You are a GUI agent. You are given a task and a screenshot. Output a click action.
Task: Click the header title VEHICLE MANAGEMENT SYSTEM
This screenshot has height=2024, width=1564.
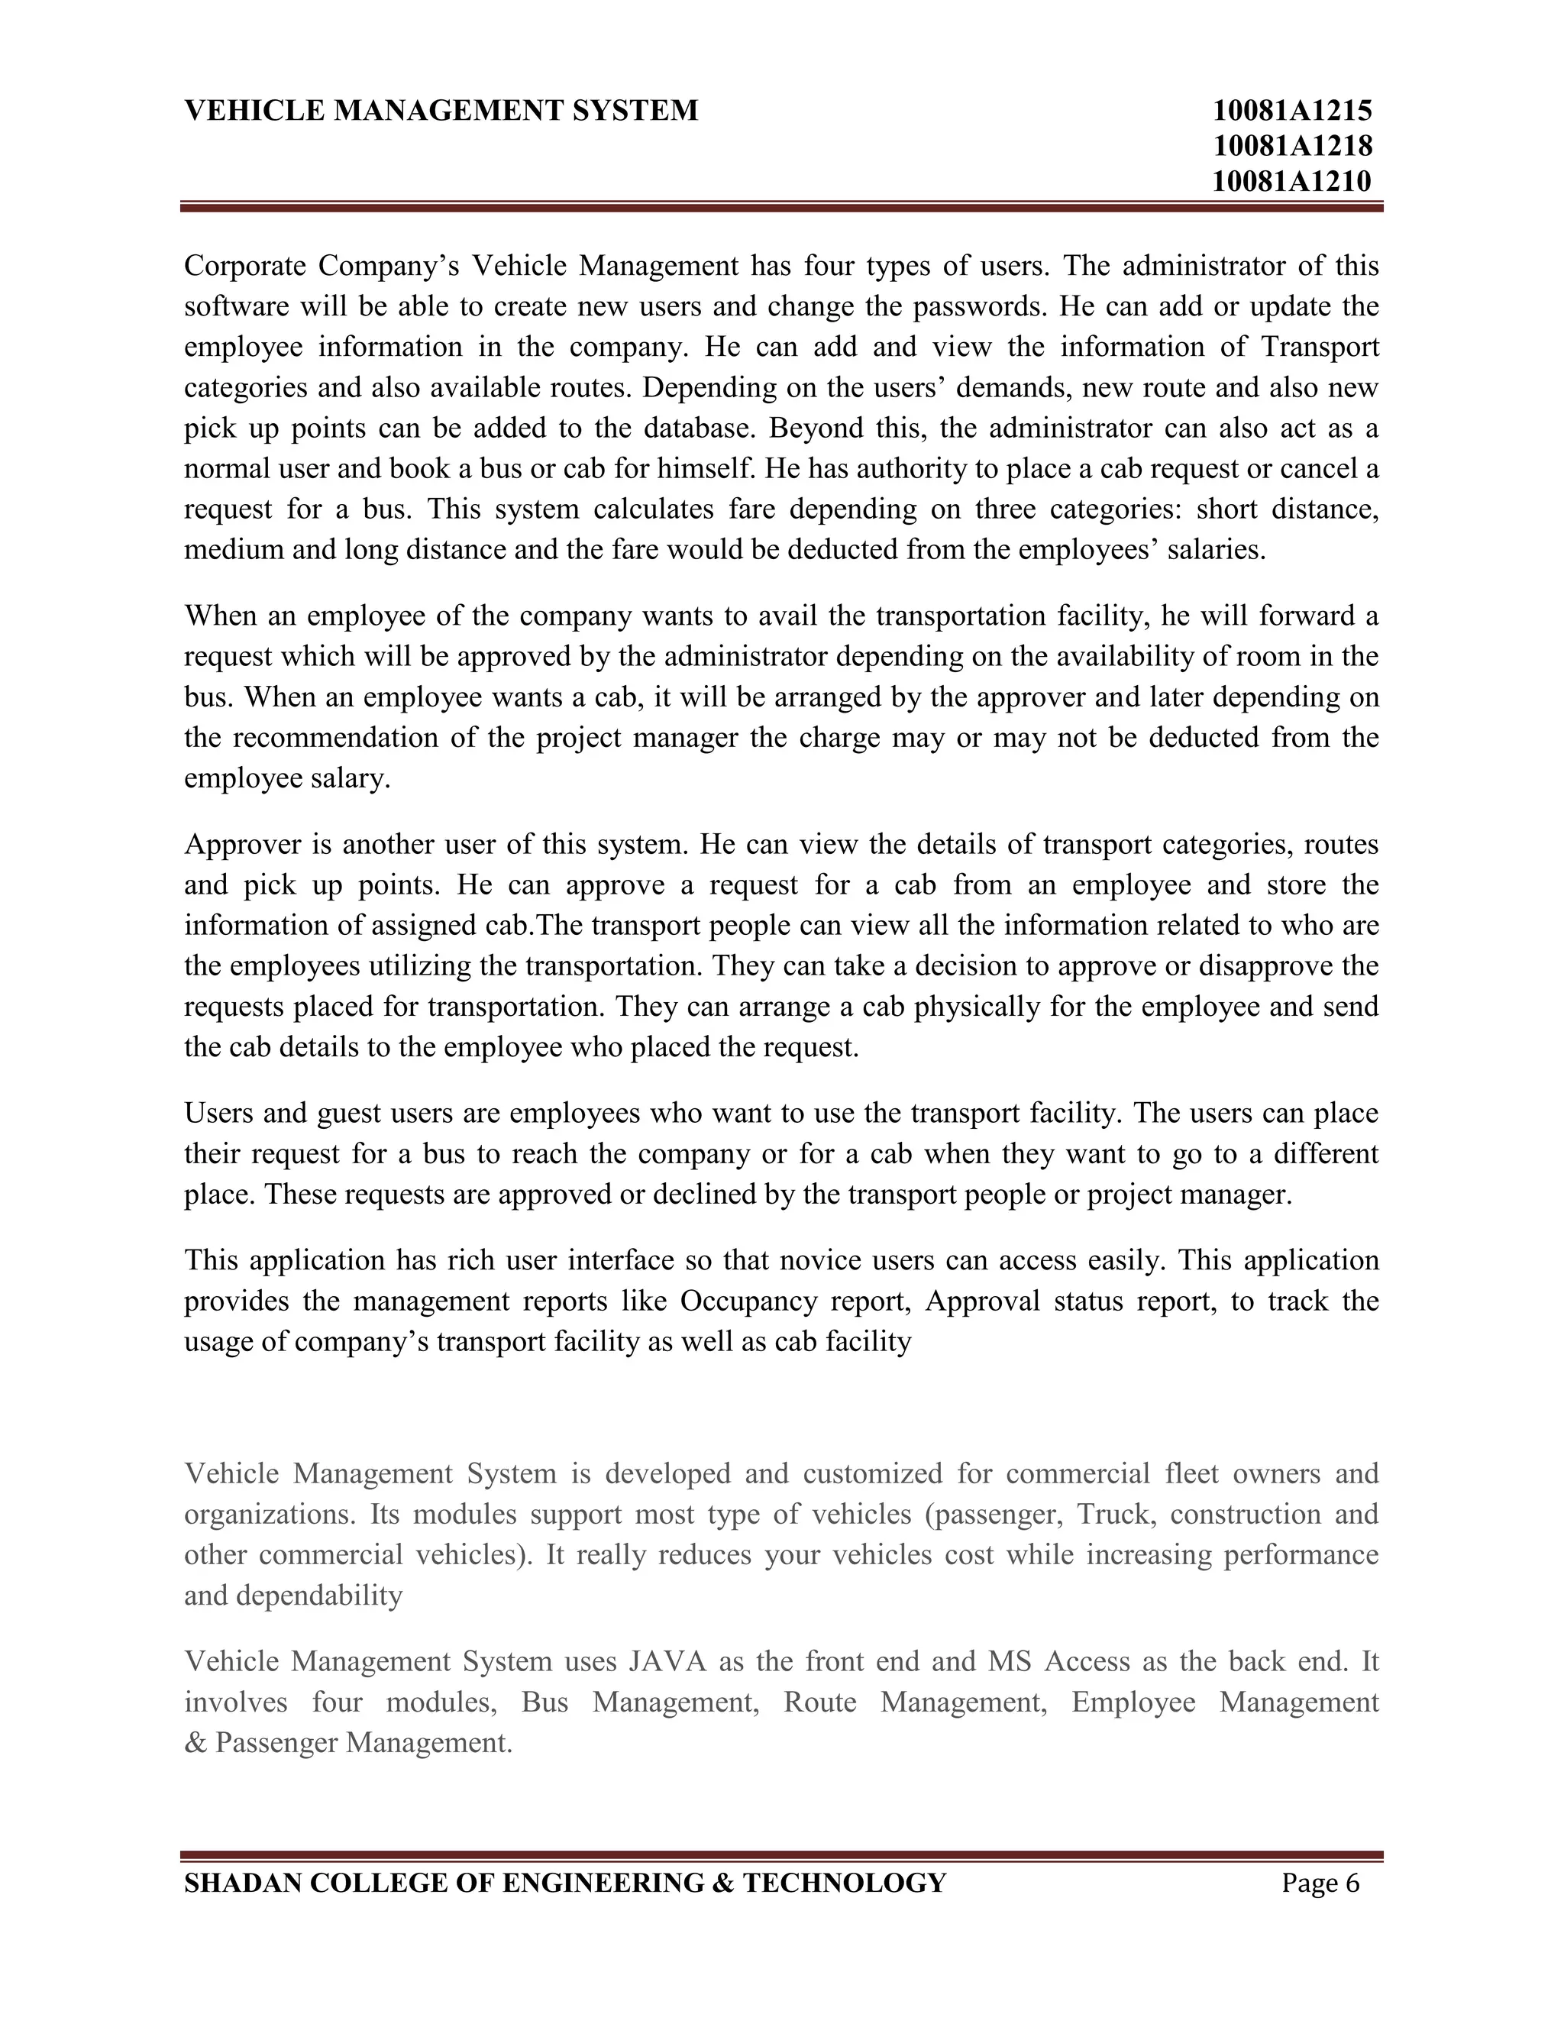coord(441,112)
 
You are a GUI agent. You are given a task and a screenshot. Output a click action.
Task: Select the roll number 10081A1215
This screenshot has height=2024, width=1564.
coord(1291,112)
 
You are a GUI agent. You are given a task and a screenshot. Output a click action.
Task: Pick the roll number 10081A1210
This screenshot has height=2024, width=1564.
coord(1291,181)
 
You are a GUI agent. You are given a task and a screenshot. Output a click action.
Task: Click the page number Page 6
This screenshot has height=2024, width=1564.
coord(1320,1884)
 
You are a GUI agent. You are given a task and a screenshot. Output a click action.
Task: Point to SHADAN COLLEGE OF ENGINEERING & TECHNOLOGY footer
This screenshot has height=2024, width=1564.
coord(565,1884)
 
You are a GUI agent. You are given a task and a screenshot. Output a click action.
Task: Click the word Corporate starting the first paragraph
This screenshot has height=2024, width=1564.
coord(244,266)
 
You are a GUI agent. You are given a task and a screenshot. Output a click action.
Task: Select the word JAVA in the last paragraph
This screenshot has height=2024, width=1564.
coord(667,1662)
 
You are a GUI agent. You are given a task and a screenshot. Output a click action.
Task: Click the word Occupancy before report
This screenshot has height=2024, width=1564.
coord(748,1301)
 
